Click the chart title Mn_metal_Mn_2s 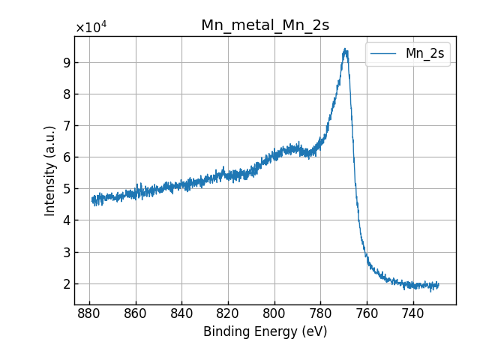pyautogui.click(x=265, y=25)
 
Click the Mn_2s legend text pyautogui.click(x=424, y=53)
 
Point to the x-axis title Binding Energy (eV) pyautogui.click(x=265, y=331)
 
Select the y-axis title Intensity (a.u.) pyautogui.click(x=50, y=170)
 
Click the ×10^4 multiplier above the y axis pyautogui.click(x=91, y=28)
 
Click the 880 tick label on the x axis pyautogui.click(x=89, y=313)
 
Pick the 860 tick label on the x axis pyautogui.click(x=136, y=313)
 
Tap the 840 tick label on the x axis pyautogui.click(x=181, y=313)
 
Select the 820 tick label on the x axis pyautogui.click(x=228, y=313)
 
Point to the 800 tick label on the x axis pyautogui.click(x=274, y=313)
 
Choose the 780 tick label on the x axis pyautogui.click(x=320, y=313)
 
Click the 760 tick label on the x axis pyautogui.click(x=367, y=313)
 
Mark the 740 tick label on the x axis pyautogui.click(x=413, y=313)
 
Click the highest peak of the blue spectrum pyautogui.click(x=345, y=49)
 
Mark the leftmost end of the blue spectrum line pyautogui.click(x=92, y=199)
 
